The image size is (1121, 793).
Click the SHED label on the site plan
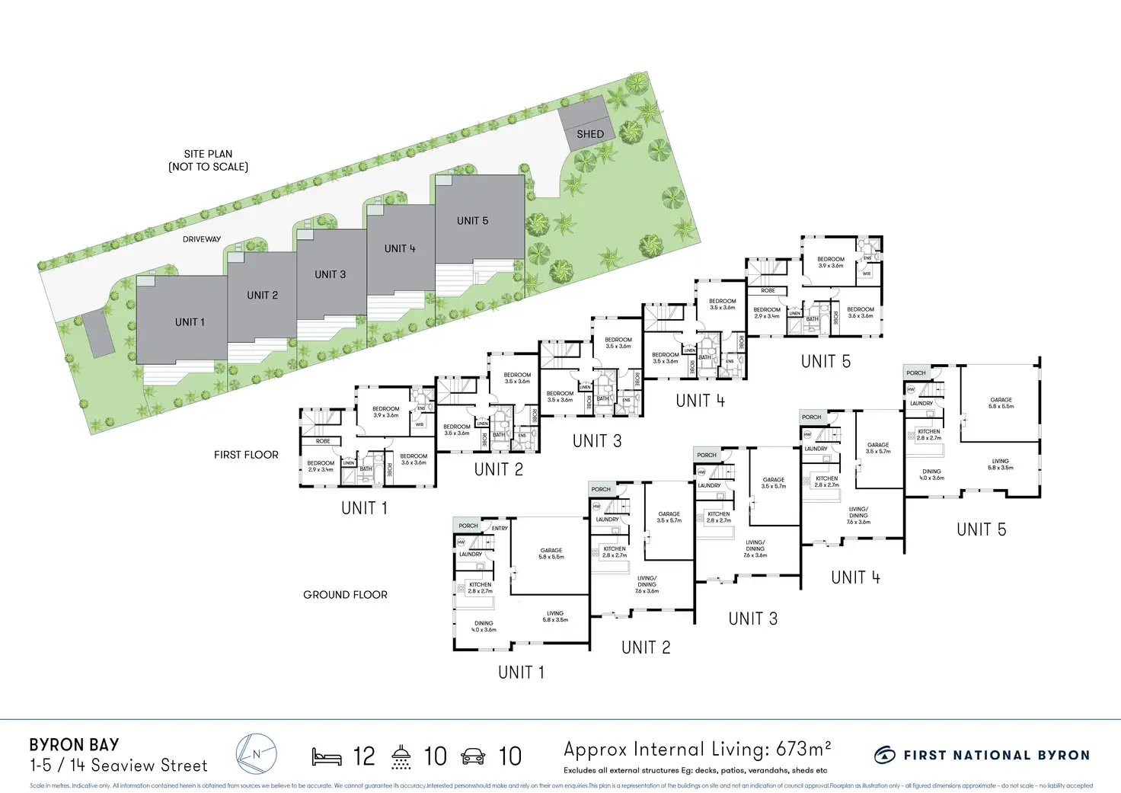[589, 134]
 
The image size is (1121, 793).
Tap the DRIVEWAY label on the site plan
[202, 239]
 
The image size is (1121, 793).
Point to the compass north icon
[256, 755]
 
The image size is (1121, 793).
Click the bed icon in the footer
[327, 756]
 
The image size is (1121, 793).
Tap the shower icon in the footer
[401, 756]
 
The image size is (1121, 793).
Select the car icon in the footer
[473, 756]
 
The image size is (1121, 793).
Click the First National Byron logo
[982, 755]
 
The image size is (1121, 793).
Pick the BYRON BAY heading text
[74, 744]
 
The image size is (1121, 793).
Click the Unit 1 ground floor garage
[551, 554]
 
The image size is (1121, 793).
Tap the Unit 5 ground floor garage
[1001, 402]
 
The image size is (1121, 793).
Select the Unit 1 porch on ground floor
[468, 526]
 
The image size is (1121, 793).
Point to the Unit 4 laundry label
[816, 449]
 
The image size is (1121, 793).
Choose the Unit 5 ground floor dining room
[931, 474]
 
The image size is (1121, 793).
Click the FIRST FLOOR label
[246, 455]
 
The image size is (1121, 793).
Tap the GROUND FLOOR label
[345, 595]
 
